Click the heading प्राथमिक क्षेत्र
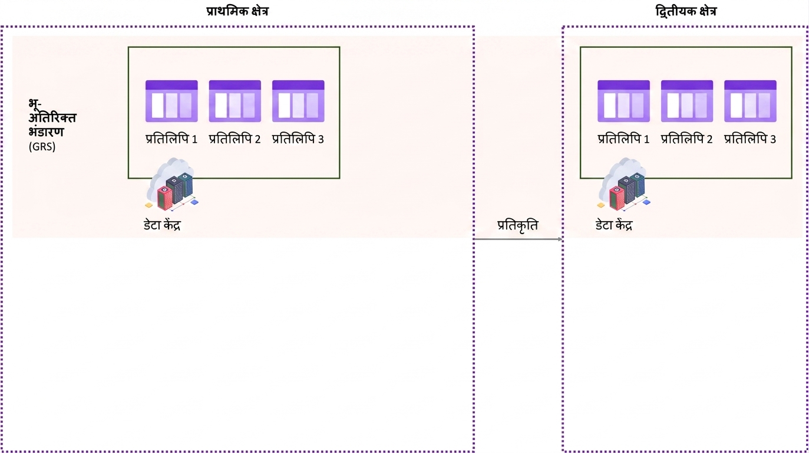click(x=237, y=12)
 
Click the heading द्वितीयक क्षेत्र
click(x=686, y=12)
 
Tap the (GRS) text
click(x=42, y=146)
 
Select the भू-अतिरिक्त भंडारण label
click(x=52, y=118)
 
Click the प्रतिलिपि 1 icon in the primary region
click(x=171, y=101)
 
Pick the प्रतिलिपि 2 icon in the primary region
click(x=235, y=101)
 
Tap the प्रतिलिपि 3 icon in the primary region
click(x=298, y=101)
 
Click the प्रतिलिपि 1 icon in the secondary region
click(x=624, y=101)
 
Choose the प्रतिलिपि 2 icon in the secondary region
click(x=687, y=101)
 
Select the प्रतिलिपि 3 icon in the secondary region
click(x=751, y=101)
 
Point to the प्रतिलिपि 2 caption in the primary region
click(x=235, y=139)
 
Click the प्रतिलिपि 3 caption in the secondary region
click(x=750, y=139)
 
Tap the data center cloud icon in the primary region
click(x=172, y=185)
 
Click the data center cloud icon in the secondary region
click(x=624, y=185)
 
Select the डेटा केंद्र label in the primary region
click(x=162, y=225)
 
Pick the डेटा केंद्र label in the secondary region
click(x=614, y=225)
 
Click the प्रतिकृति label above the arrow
click(x=517, y=225)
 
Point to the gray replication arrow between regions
click(x=518, y=239)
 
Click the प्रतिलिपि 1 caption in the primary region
click(x=171, y=139)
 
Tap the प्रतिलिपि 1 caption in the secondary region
click(x=624, y=139)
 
